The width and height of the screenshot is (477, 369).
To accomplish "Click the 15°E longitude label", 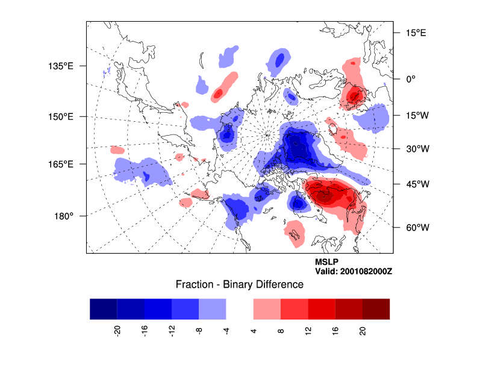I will click(416, 33).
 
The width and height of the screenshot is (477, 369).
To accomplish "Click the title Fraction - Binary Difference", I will click(239, 284).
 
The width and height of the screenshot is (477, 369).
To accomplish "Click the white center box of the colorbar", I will click(240, 309).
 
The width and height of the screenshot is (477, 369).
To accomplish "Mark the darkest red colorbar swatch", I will click(376, 309).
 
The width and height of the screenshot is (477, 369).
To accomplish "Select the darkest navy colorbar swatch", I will click(103, 309).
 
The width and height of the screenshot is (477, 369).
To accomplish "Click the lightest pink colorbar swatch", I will click(267, 309).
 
